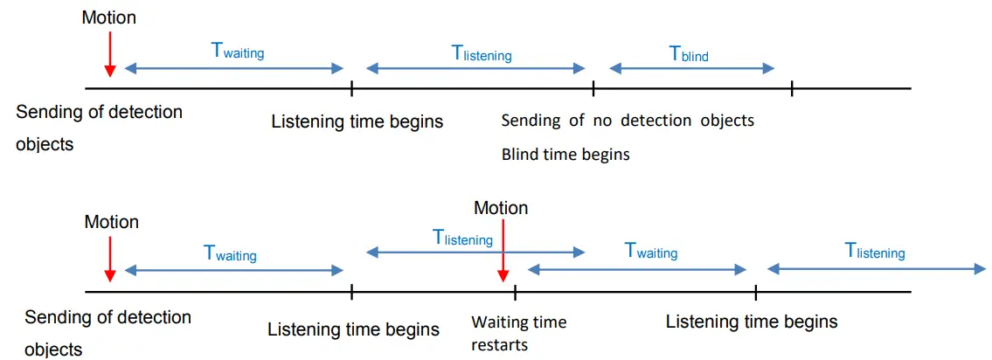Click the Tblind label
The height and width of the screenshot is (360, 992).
pyautogui.click(x=689, y=53)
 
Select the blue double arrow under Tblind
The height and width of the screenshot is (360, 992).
pyautogui.click(x=691, y=69)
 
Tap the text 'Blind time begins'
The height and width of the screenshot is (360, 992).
pyautogui.click(x=565, y=155)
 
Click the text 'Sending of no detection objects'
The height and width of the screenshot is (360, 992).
pyautogui.click(x=627, y=121)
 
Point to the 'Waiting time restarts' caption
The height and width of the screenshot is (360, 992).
pyautogui.click(x=518, y=333)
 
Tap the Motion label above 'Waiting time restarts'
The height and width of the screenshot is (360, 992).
pyautogui.click(x=501, y=208)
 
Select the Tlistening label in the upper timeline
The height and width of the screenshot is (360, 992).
pyautogui.click(x=481, y=53)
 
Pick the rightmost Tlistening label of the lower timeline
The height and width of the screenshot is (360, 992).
pyautogui.click(x=874, y=252)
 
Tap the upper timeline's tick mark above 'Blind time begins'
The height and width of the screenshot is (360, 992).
pyautogui.click(x=593, y=88)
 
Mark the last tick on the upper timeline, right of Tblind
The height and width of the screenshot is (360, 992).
pyautogui.click(x=792, y=88)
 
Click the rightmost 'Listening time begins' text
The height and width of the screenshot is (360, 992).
pyautogui.click(x=751, y=322)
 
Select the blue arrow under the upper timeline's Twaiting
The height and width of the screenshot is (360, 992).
pyautogui.click(x=234, y=68)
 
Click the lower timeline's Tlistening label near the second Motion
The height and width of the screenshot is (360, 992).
pyautogui.click(x=462, y=237)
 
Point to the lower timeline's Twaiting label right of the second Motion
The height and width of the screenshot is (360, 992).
pyautogui.click(x=651, y=252)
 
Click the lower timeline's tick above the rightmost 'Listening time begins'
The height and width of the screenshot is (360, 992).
pyautogui.click(x=755, y=292)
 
